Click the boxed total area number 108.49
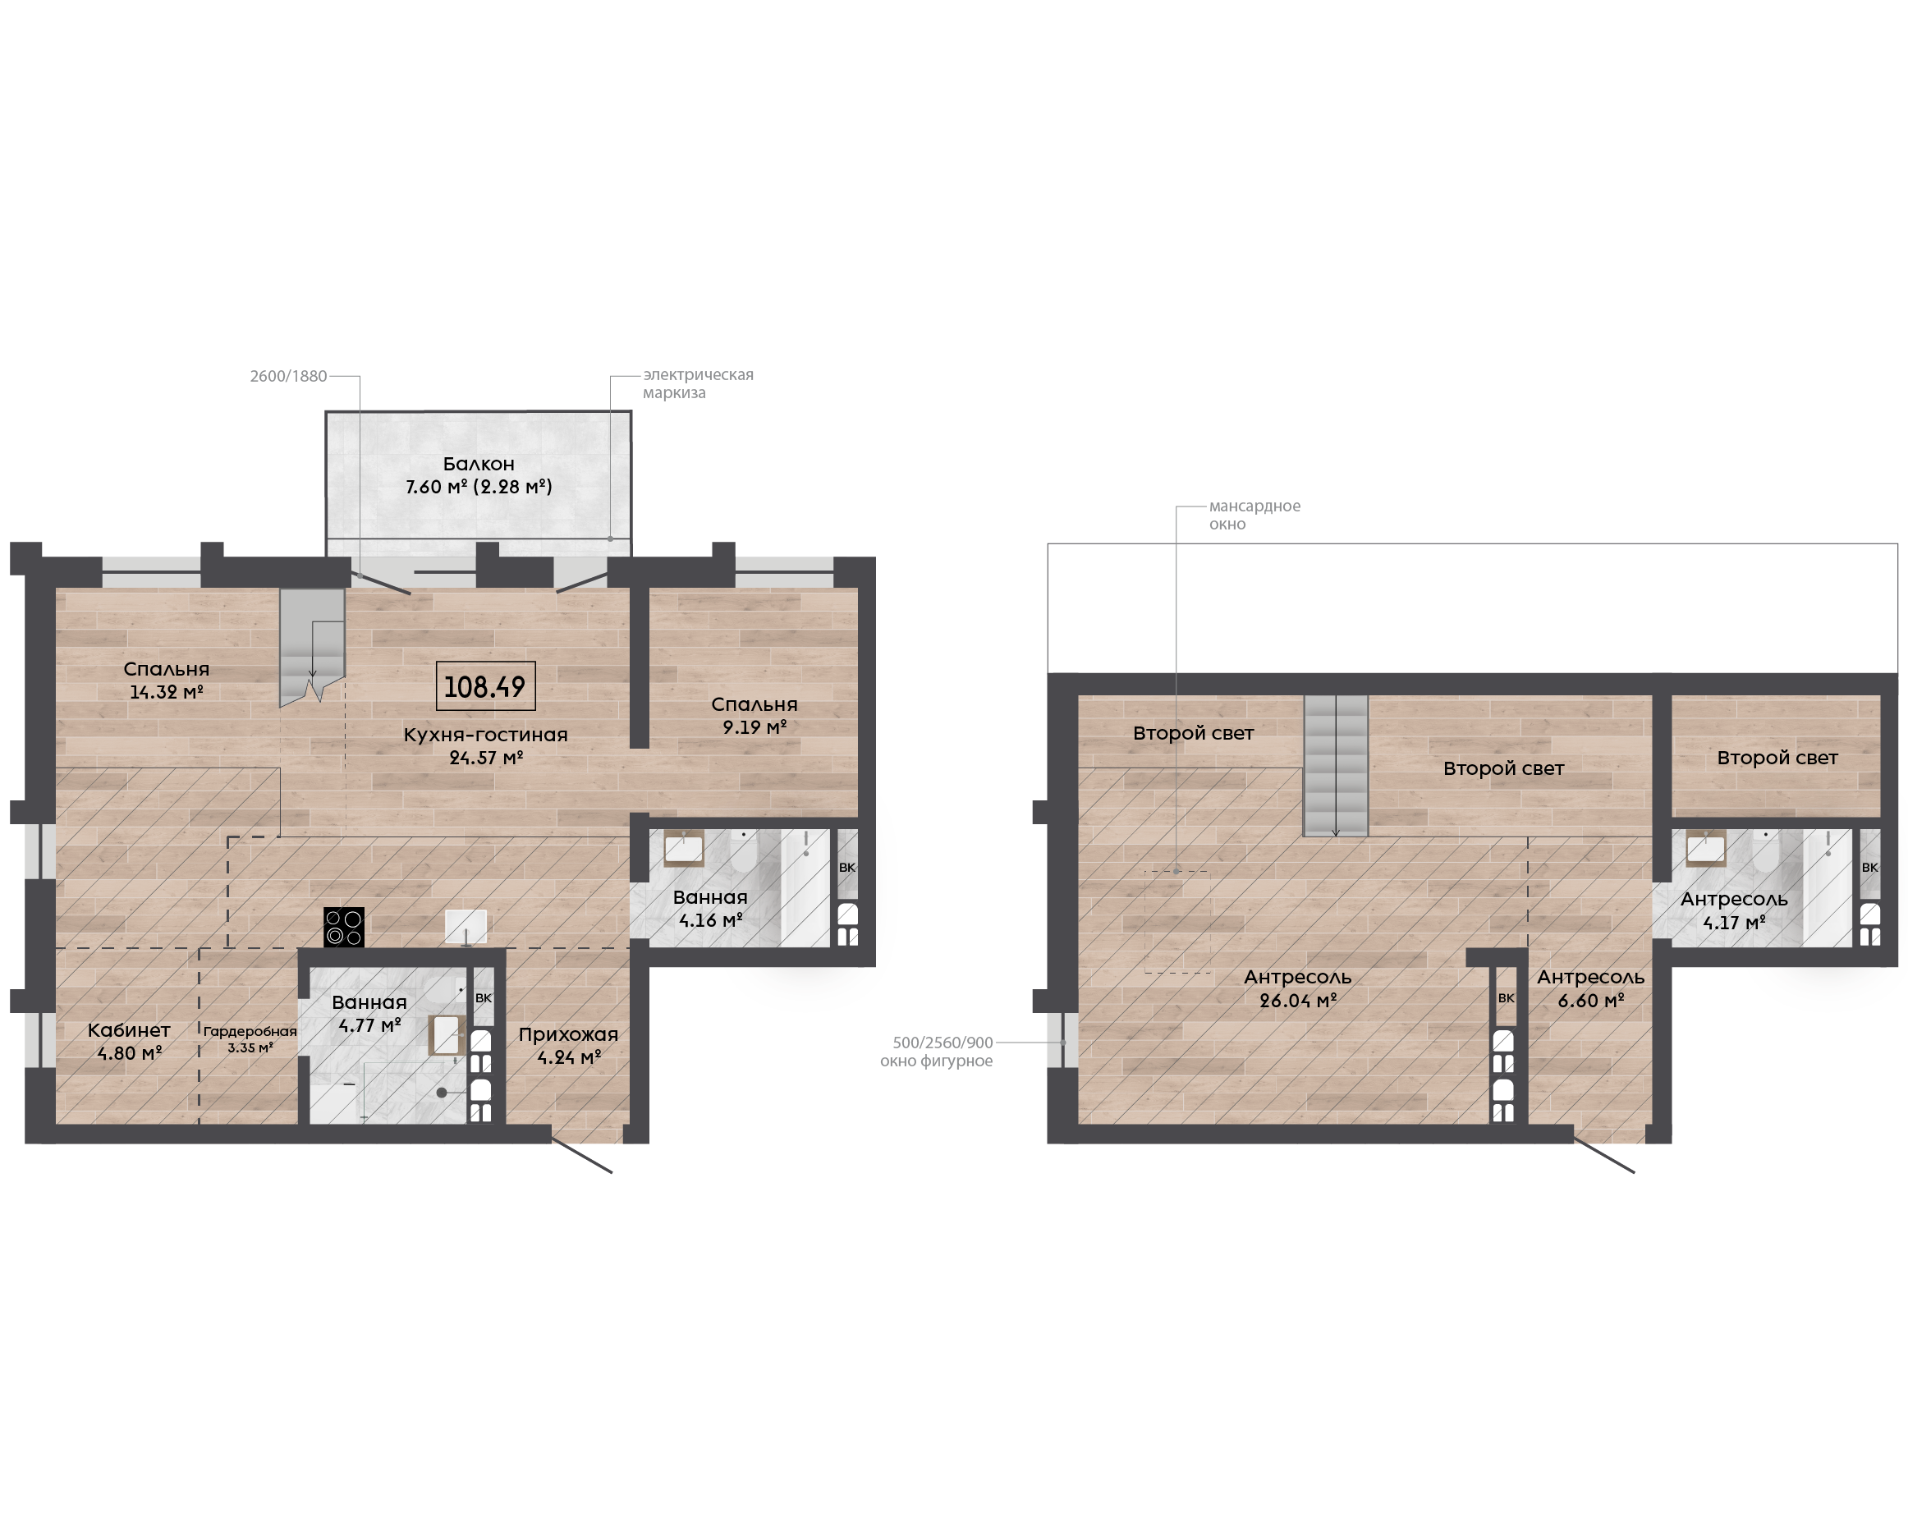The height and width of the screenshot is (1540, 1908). (485, 685)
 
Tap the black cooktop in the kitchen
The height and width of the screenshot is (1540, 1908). (344, 927)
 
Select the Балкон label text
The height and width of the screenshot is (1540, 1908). (479, 463)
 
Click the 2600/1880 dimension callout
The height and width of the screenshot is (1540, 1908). (288, 376)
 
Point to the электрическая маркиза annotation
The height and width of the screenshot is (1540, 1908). (698, 383)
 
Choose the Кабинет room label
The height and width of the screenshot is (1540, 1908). (129, 1030)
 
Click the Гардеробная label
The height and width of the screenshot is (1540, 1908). (250, 1032)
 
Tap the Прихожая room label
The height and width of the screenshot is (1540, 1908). (569, 1034)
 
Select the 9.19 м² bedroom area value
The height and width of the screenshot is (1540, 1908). (754, 727)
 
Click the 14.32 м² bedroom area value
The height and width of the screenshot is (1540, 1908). (167, 692)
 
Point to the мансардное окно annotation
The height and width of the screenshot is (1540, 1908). (1254, 515)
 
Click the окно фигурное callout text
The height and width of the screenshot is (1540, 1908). (936, 1061)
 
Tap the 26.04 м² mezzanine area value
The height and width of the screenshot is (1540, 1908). (1298, 1001)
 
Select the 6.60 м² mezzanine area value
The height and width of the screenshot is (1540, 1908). (1591, 1001)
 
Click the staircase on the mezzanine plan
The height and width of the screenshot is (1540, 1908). (1336, 766)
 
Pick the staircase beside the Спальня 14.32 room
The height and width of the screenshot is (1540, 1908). (312, 646)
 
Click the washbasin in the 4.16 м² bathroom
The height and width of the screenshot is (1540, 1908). (684, 849)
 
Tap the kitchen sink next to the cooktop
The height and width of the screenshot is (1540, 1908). (466, 926)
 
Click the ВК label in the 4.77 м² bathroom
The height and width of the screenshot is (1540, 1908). (484, 998)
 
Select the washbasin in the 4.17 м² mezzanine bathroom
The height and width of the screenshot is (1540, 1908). (1706, 849)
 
